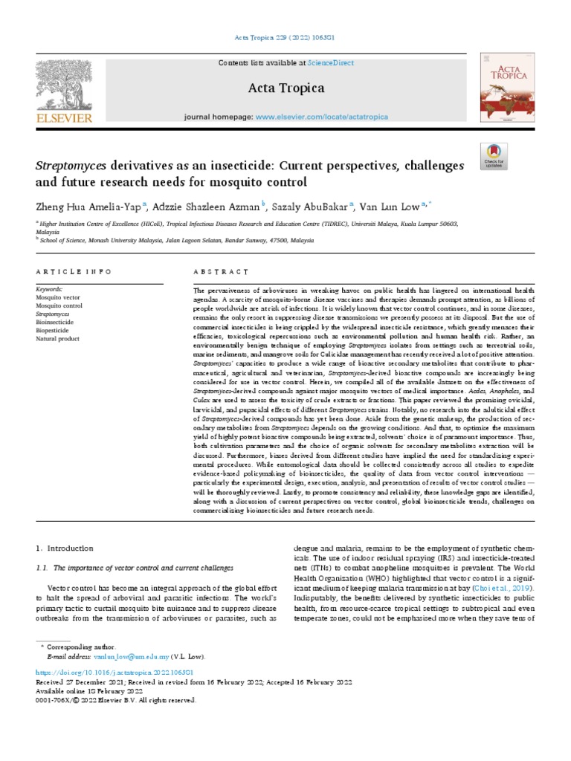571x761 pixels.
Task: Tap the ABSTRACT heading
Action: (x=221, y=273)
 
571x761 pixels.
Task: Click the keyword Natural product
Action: (x=57, y=340)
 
